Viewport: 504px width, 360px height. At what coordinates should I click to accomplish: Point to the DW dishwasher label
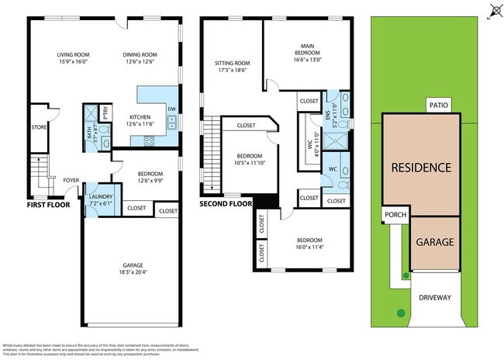pos(171,109)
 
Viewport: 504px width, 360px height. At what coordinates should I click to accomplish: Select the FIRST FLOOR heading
pos(48,205)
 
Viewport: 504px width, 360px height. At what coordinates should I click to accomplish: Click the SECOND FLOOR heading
pos(226,205)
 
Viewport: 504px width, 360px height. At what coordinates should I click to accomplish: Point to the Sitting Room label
pos(232,63)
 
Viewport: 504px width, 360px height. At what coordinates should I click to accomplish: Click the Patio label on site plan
pos(437,106)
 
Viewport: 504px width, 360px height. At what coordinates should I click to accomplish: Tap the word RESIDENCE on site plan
pos(420,167)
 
